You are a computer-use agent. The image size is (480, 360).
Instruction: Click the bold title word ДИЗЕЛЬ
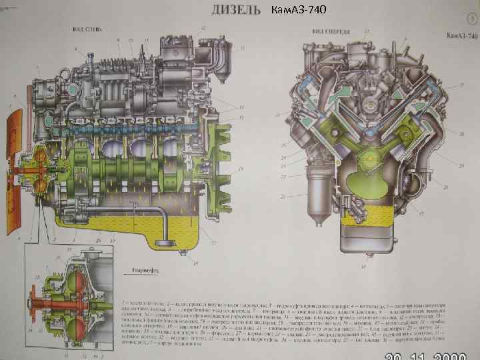tap(234, 11)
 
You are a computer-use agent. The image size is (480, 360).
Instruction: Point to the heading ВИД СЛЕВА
tap(87, 30)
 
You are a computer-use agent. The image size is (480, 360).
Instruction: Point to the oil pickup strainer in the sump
tap(159, 237)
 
